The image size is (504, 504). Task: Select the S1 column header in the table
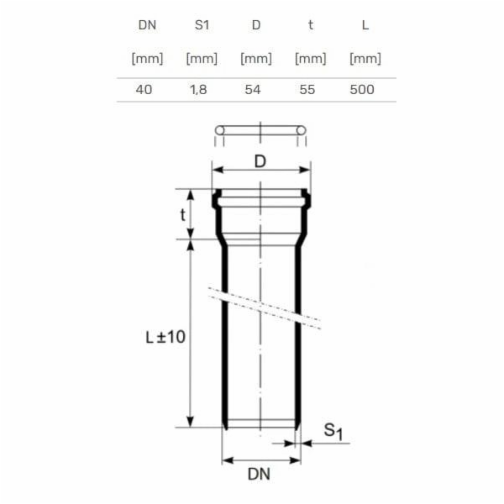pos(201,24)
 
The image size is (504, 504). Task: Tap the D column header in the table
pos(255,24)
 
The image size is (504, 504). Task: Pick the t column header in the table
pos(310,24)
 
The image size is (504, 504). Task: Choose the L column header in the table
pos(365,24)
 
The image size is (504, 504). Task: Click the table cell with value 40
pos(144,89)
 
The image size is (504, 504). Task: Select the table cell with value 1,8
pos(200,89)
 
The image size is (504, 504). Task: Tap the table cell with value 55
pos(307,89)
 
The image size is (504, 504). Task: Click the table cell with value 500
pos(362,89)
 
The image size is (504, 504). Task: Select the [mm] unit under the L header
pos(365,59)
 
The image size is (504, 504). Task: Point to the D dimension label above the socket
pos(260,162)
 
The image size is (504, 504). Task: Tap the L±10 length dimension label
pos(165,337)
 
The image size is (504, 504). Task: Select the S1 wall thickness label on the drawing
pos(333,432)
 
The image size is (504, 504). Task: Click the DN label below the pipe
pos(260,475)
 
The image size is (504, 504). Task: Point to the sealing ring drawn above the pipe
pos(260,130)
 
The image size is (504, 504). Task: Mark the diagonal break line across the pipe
pos(265,310)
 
